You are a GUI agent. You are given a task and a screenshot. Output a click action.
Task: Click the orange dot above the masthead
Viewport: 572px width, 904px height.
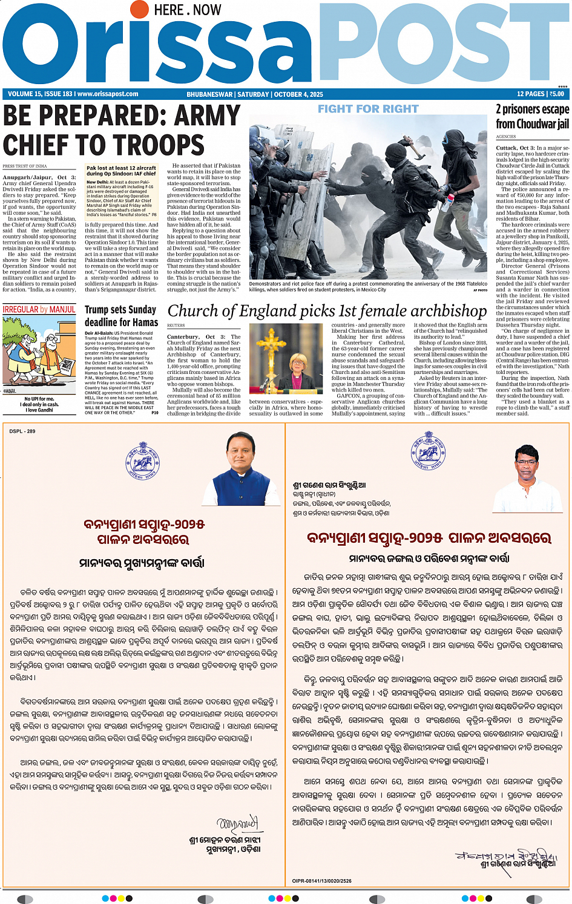tap(140, 9)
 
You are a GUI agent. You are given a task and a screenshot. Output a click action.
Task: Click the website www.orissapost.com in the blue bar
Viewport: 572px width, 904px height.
tap(108, 94)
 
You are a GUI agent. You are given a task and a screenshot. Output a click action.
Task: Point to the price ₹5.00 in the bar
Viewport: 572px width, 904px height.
tap(556, 94)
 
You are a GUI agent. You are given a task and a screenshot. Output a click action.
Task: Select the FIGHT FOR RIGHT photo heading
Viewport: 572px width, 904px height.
tap(368, 109)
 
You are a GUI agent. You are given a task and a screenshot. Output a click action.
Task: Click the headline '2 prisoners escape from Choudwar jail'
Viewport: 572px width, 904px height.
tap(532, 116)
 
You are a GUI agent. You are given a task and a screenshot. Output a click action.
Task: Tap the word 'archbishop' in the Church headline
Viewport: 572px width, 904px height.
tap(448, 311)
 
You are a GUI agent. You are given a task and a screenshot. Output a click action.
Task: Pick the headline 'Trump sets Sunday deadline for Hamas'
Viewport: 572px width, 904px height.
tap(121, 316)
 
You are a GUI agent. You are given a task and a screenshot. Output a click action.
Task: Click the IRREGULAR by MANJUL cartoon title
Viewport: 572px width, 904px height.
tap(39, 309)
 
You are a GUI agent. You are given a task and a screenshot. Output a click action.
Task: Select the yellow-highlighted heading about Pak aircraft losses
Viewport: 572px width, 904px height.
tap(121, 171)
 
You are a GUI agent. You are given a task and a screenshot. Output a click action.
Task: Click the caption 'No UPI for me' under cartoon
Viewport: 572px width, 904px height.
tap(39, 399)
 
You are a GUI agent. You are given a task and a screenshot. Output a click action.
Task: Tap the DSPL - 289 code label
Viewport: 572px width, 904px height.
tap(22, 431)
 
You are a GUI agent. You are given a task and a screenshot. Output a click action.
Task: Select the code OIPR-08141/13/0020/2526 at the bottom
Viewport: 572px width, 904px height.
tap(321, 881)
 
